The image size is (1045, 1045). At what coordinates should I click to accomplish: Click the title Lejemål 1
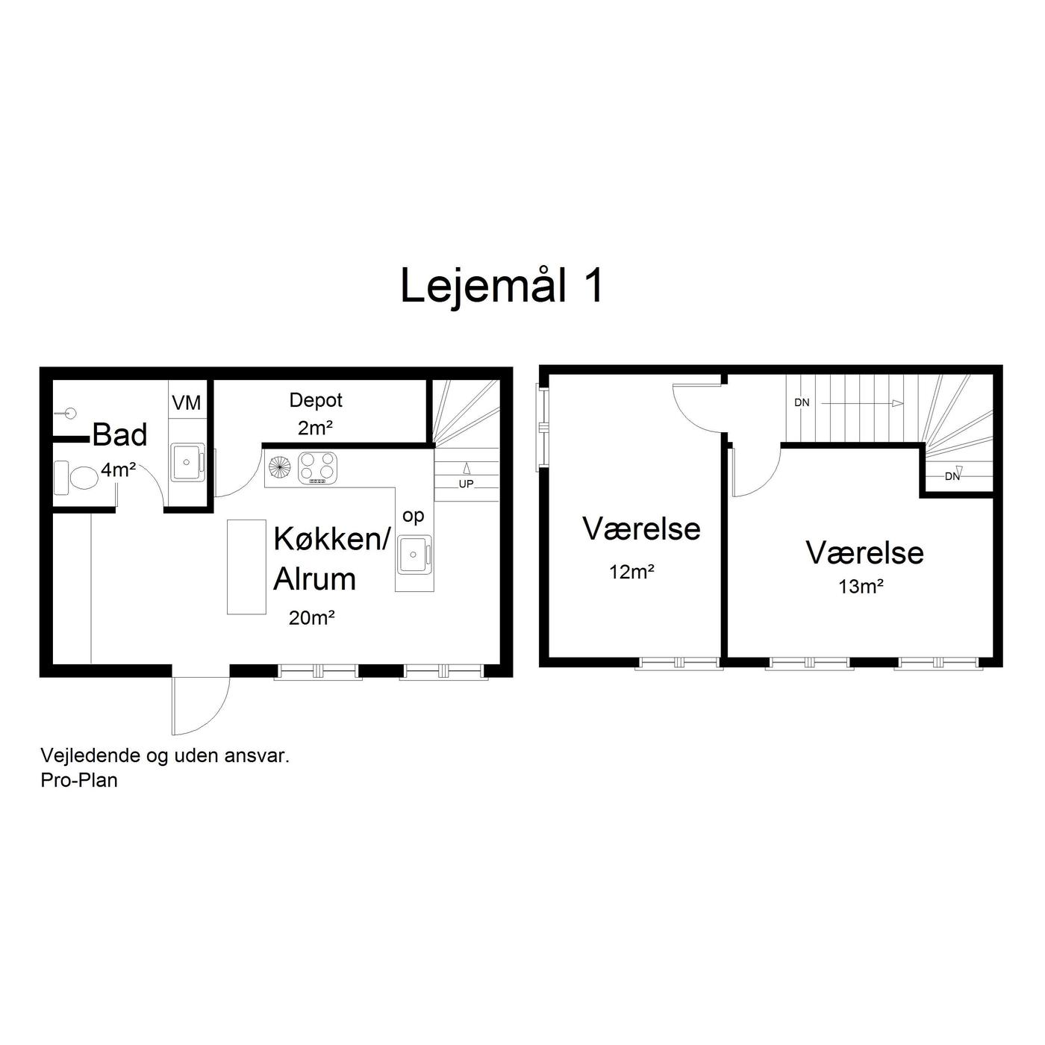coord(502,286)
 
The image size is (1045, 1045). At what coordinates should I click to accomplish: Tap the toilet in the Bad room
coord(76,477)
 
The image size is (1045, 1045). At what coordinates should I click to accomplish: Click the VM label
coord(186,402)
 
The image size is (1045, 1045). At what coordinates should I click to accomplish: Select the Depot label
coord(316,400)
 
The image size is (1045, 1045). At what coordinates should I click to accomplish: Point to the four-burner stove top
coord(318,467)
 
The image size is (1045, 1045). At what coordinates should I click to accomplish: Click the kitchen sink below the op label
coord(414,555)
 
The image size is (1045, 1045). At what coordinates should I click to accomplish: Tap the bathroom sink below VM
coord(187,461)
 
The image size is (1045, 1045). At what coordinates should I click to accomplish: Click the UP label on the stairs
coord(466,484)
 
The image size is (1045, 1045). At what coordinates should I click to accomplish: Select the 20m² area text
coord(311,618)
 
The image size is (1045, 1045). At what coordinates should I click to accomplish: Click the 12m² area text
coord(631,572)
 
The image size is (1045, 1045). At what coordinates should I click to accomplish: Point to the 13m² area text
coord(861,586)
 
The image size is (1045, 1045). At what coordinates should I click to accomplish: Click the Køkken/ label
coord(332,539)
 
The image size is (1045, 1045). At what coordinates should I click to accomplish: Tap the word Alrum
coord(314,578)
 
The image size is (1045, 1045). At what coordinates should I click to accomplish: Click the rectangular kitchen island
coord(246,567)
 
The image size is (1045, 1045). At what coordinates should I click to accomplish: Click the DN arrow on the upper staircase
coord(862,403)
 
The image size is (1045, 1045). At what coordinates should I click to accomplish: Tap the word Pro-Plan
coord(79,780)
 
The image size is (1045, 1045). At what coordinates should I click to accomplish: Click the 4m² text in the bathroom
coord(118,470)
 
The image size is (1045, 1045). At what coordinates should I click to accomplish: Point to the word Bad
coord(120,435)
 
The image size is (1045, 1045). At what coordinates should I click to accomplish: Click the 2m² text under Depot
coord(315,428)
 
